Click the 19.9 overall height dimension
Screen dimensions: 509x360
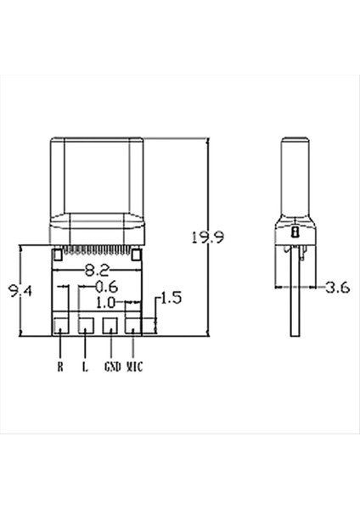(x=206, y=238)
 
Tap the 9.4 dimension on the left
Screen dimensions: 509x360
(x=20, y=294)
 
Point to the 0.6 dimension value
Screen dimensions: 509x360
(x=104, y=287)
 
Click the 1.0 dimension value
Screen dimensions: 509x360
(x=105, y=302)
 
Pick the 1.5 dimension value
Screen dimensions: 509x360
(x=171, y=298)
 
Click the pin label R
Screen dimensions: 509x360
(x=60, y=367)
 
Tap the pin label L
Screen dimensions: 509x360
(x=85, y=367)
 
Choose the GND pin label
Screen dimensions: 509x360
(x=111, y=367)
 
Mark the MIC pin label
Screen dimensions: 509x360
(x=135, y=367)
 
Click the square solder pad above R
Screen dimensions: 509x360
(x=61, y=325)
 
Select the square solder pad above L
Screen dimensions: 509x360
(x=86, y=325)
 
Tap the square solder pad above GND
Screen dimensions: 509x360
(x=110, y=325)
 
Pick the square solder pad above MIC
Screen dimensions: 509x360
(x=134, y=325)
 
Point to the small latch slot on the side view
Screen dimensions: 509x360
(x=294, y=231)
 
